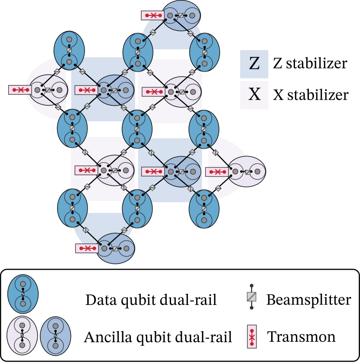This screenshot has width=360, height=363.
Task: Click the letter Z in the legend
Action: [254, 64]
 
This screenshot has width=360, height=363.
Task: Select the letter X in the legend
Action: [254, 95]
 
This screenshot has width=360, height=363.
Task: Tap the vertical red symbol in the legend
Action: [252, 337]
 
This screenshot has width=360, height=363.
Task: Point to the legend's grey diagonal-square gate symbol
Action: [251, 296]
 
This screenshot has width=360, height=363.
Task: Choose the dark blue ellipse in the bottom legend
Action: [23, 294]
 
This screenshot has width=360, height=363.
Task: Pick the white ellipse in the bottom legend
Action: [22, 335]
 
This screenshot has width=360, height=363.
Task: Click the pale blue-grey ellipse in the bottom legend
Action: [55, 336]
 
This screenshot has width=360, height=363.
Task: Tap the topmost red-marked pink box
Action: [153, 16]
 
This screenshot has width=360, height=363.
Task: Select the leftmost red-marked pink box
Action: [20, 90]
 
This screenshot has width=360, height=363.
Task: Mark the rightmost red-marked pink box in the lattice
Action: [217, 172]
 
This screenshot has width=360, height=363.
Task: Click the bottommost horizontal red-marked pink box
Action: [87, 248]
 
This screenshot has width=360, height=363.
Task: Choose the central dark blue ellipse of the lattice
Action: [137, 129]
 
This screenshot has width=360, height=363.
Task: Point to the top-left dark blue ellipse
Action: [69, 51]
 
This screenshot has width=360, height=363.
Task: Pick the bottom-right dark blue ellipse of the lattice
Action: [204, 209]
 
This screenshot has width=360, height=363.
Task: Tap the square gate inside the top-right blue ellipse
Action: [204, 52]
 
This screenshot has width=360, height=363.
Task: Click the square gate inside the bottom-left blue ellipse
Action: [72, 208]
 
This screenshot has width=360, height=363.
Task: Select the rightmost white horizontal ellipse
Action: [246, 172]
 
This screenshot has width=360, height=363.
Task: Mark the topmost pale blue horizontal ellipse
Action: [181, 16]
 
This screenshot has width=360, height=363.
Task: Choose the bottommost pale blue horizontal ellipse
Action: [115, 249]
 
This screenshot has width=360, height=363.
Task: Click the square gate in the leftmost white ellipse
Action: [48, 90]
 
